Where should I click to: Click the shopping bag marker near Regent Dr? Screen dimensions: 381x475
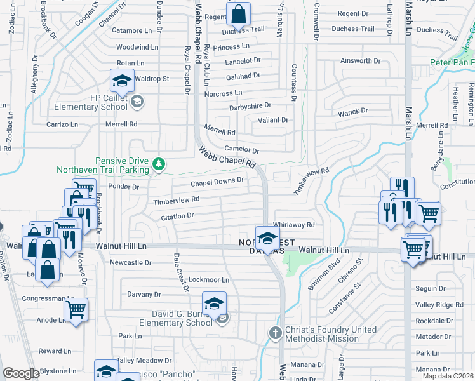click(x=239, y=13)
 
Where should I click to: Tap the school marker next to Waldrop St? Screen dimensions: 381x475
click(x=121, y=81)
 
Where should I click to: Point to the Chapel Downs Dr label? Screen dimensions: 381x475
click(x=217, y=182)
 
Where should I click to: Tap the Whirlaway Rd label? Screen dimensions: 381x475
click(x=293, y=225)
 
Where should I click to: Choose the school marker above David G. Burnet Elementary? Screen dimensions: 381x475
click(x=215, y=303)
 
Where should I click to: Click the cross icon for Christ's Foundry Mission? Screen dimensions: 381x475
click(x=275, y=332)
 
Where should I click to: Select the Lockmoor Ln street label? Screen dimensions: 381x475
click(x=209, y=279)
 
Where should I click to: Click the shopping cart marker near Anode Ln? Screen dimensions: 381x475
click(x=76, y=310)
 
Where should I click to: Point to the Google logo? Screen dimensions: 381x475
click(x=21, y=373)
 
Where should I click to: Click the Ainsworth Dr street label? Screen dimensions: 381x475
click(x=360, y=61)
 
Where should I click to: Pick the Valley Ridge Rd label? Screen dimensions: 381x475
click(x=439, y=305)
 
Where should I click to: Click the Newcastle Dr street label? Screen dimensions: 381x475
click(x=131, y=262)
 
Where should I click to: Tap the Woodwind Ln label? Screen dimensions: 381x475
click(x=137, y=47)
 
